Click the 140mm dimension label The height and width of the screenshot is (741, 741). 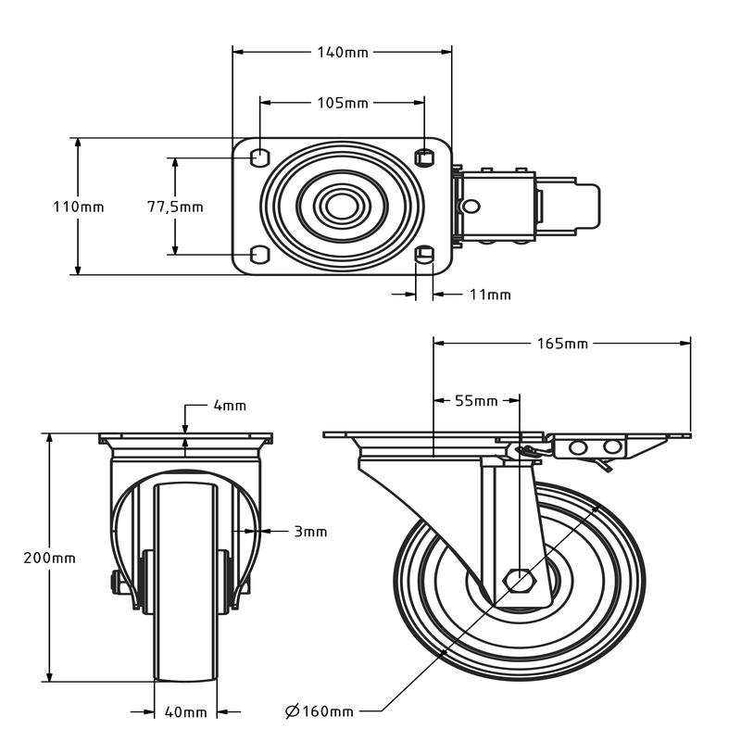pyautogui.click(x=344, y=52)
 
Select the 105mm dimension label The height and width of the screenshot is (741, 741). pyautogui.click(x=344, y=102)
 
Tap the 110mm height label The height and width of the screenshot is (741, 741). pyautogui.click(x=78, y=207)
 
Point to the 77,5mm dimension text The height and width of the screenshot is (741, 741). pyautogui.click(x=175, y=207)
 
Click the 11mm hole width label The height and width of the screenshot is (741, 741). pyautogui.click(x=490, y=295)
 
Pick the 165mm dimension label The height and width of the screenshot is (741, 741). pyautogui.click(x=563, y=344)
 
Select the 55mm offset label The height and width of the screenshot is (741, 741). pyautogui.click(x=476, y=401)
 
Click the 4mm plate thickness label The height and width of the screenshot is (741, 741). pyautogui.click(x=230, y=406)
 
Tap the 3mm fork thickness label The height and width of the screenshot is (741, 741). pyautogui.click(x=310, y=532)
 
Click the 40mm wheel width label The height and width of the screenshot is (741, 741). pyautogui.click(x=185, y=712)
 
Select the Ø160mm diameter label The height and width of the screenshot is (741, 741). pyautogui.click(x=320, y=711)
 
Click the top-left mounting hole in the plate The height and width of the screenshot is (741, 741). pyautogui.click(x=260, y=156)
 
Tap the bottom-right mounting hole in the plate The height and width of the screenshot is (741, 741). pyautogui.click(x=424, y=256)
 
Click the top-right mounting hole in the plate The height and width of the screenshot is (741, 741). pyautogui.click(x=424, y=156)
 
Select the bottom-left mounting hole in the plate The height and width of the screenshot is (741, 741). pyautogui.click(x=260, y=255)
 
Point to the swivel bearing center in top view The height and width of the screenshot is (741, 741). pyautogui.click(x=342, y=206)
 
